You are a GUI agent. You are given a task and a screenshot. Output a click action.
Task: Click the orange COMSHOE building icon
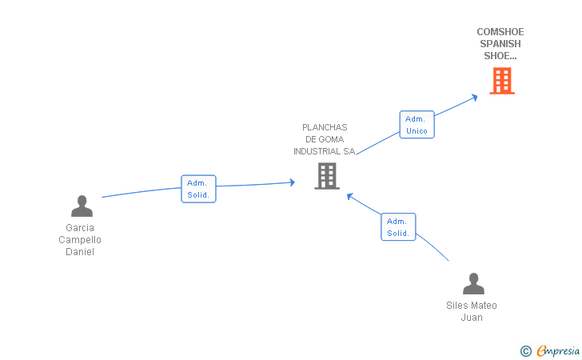501,81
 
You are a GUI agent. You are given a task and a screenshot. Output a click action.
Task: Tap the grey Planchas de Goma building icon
327,176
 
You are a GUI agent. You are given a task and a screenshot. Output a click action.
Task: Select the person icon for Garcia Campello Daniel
82,206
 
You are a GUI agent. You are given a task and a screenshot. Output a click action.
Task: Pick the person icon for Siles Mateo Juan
473,284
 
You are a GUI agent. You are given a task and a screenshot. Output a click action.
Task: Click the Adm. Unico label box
417,125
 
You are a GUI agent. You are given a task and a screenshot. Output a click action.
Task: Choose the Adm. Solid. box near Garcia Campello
197,189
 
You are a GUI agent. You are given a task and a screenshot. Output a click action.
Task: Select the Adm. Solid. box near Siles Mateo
397,227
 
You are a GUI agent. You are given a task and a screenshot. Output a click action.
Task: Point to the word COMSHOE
500,32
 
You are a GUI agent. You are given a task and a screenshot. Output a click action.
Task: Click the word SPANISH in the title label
500,44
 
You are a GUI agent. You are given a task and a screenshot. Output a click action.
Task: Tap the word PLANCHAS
325,127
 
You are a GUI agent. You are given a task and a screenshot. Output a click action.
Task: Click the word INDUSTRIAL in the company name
317,151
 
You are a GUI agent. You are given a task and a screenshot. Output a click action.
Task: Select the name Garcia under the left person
80,228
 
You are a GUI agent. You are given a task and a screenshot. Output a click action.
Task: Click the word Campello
80,240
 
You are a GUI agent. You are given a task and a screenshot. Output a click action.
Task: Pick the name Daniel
80,252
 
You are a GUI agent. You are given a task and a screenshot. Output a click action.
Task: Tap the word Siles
458,306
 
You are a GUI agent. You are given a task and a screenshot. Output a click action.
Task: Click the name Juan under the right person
472,318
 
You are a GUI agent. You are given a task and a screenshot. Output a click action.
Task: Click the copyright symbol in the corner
525,350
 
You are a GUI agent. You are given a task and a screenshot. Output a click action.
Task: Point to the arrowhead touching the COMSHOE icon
474,97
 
